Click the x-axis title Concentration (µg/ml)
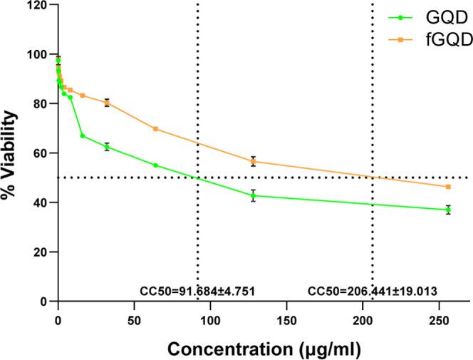(x=264, y=349)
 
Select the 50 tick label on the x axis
(x=134, y=319)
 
